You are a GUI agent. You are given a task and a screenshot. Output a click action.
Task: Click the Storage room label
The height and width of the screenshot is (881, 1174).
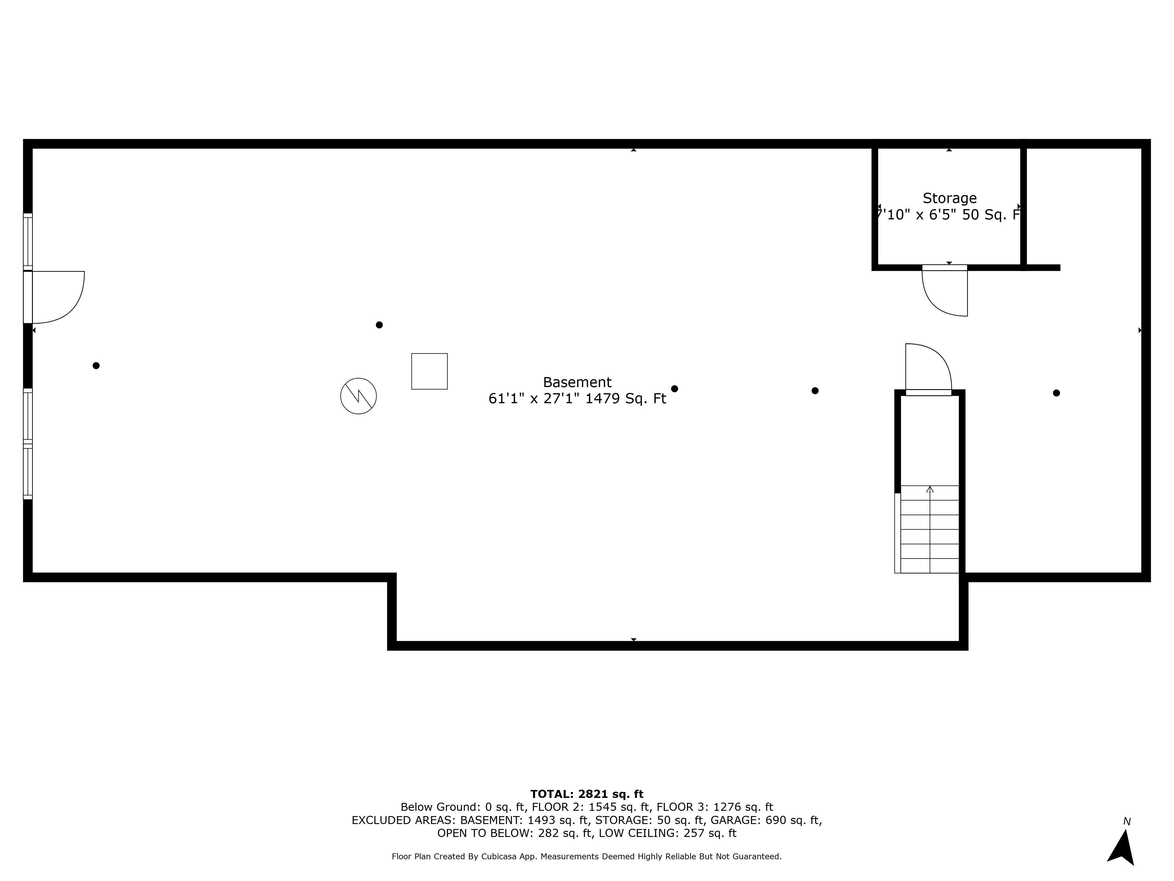[949, 198]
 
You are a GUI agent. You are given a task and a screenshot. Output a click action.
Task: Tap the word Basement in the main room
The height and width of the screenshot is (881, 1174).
[577, 382]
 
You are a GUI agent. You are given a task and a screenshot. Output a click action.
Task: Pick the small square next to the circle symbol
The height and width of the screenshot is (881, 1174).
[429, 371]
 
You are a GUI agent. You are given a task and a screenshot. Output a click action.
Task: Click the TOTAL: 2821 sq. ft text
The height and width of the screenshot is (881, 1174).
[586, 794]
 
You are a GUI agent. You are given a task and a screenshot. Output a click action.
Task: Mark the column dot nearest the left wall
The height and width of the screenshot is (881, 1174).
[96, 365]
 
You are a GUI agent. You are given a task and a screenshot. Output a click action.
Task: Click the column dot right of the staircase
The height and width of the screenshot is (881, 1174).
[1056, 393]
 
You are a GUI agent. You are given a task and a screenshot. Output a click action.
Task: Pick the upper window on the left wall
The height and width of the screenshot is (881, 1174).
[28, 242]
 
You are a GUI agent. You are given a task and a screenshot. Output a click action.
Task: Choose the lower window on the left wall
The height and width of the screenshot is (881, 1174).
[28, 444]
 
